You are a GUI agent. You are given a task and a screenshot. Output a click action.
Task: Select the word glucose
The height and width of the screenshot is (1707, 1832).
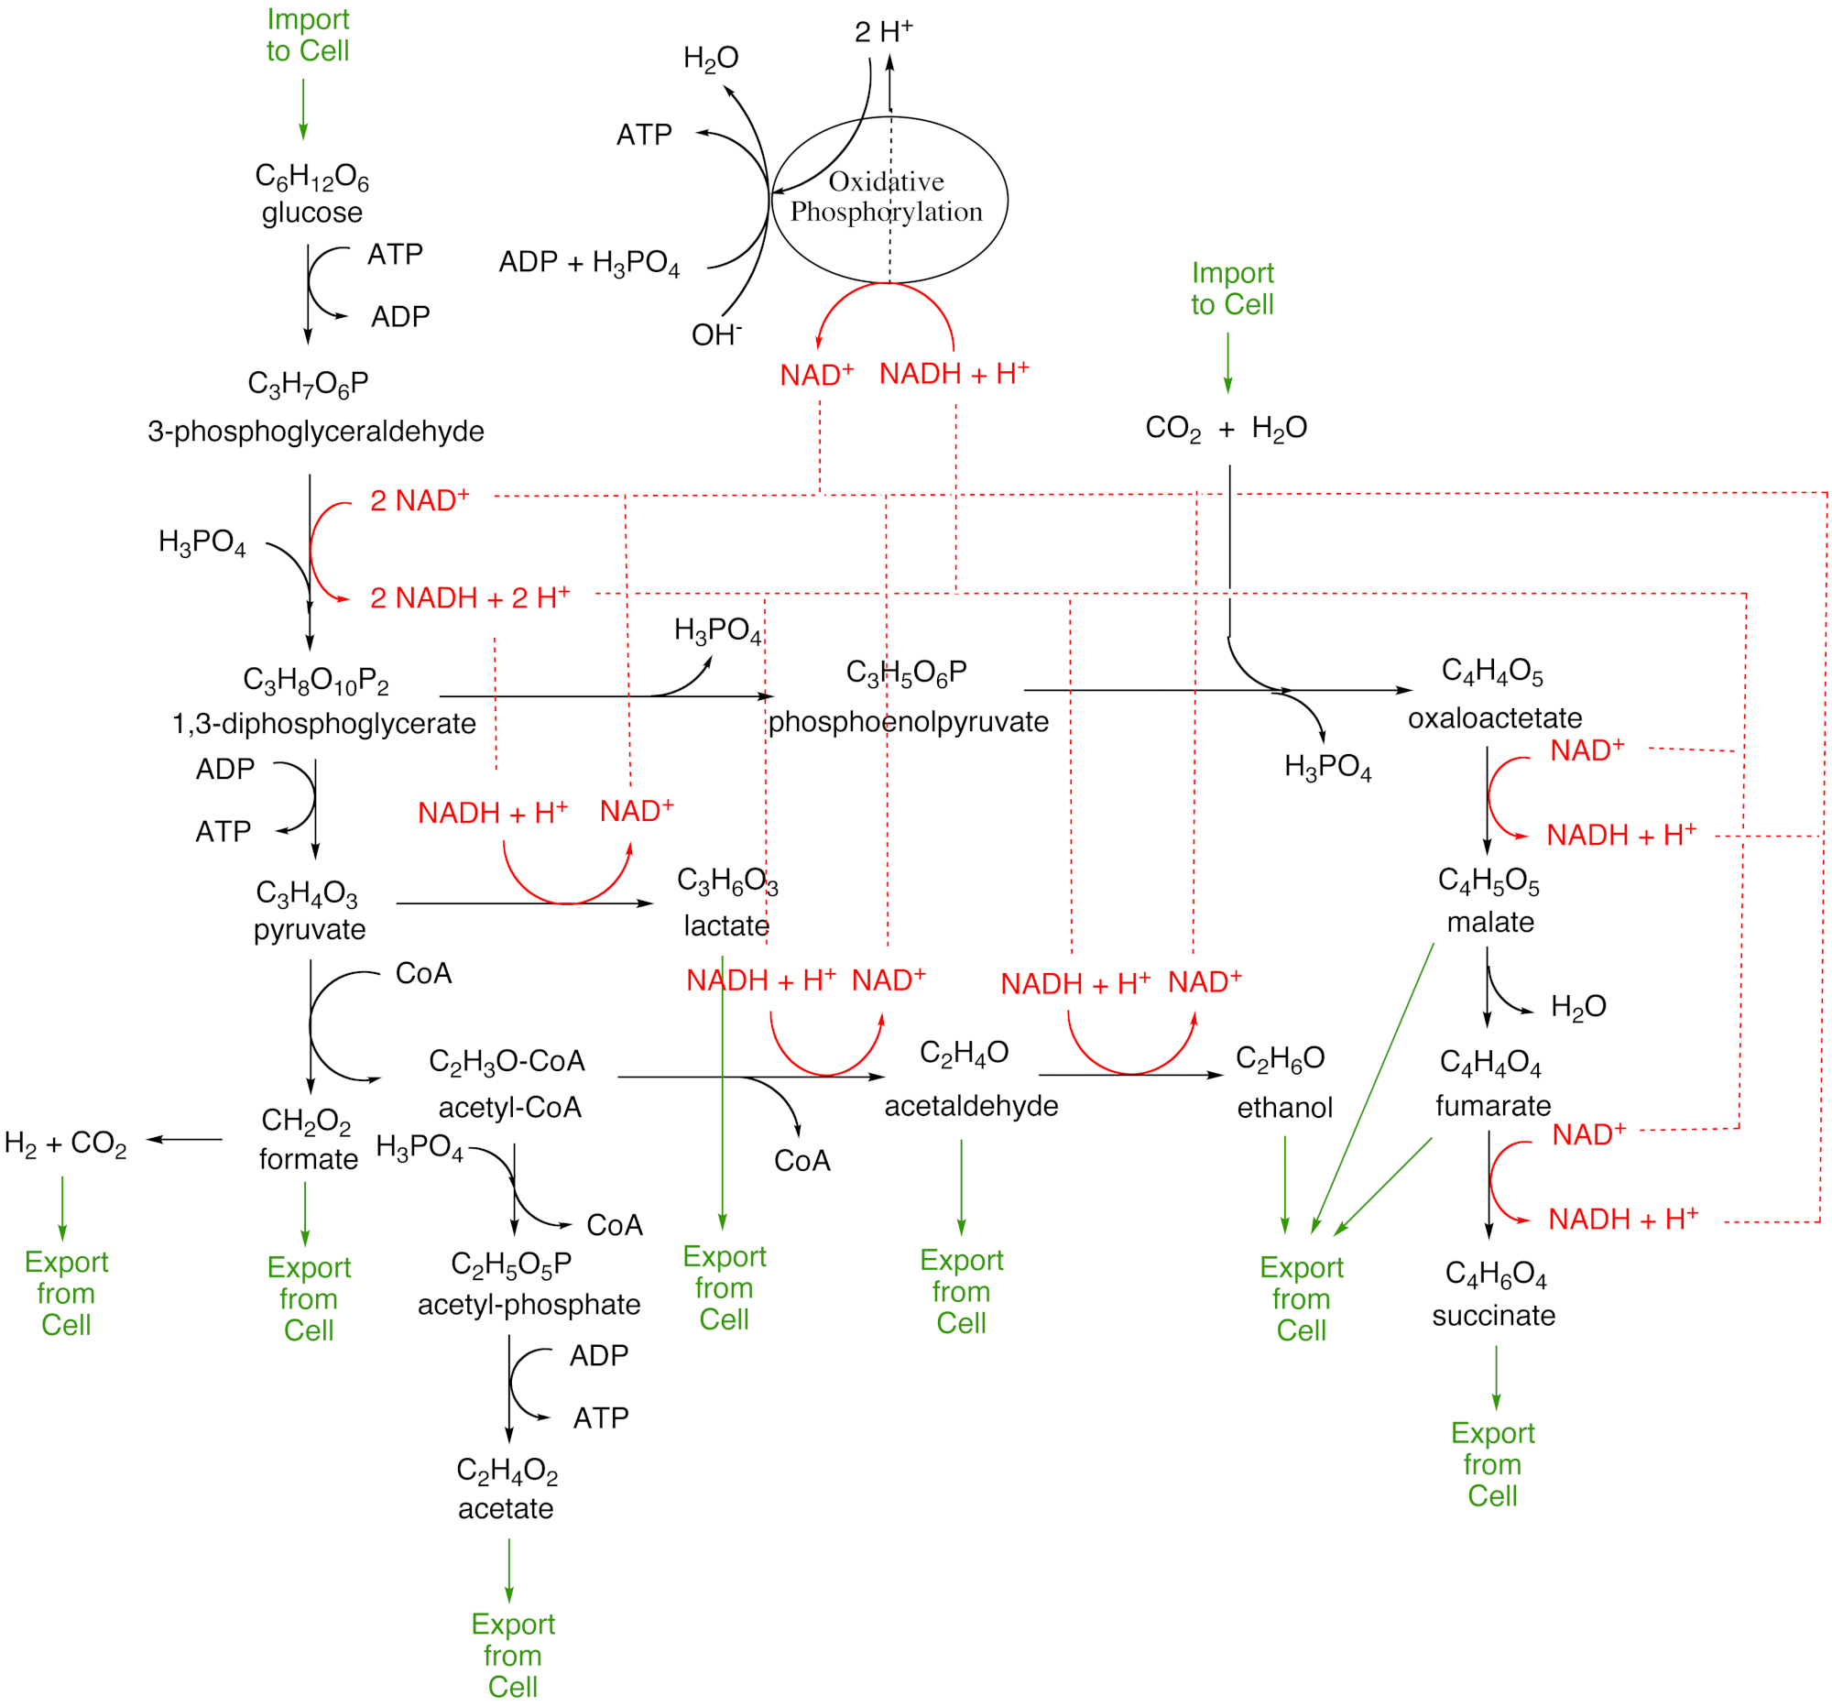pos(311,213)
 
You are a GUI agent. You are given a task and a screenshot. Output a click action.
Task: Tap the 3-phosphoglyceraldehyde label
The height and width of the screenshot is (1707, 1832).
pos(315,431)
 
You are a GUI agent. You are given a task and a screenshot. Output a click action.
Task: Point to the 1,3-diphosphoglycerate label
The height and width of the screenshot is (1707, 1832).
pos(323,724)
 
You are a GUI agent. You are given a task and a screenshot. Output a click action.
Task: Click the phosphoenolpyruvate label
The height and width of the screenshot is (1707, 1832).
pos(908,722)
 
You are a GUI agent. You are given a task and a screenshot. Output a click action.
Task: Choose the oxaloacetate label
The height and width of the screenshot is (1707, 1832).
pos(1494,718)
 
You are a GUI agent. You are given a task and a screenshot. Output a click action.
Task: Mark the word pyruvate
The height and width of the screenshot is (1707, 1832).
pos(310,929)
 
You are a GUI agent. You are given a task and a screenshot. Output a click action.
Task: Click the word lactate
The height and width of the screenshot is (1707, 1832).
pos(726,925)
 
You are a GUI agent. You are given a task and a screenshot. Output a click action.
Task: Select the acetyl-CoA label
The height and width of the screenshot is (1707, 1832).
pos(509,1107)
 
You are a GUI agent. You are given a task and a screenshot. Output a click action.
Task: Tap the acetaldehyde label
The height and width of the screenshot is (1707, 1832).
pos(970,1105)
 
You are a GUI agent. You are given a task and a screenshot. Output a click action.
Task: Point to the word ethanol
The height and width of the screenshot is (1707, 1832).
pos(1283,1107)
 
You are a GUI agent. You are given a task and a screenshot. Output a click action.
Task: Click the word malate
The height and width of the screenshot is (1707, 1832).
pos(1490,922)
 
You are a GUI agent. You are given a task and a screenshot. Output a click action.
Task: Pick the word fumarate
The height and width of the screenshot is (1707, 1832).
pos(1493,1105)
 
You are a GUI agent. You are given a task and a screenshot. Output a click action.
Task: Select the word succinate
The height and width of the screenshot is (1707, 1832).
pos(1493,1315)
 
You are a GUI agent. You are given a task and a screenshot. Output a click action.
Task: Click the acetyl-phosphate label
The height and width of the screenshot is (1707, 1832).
pos(528,1304)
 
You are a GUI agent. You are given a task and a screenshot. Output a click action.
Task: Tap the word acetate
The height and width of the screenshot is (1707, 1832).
pos(505,1508)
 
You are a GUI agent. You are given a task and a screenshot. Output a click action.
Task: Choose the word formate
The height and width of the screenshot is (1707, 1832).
pos(308,1158)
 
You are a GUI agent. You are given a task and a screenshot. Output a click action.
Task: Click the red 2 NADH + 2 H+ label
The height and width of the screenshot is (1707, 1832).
pos(470,598)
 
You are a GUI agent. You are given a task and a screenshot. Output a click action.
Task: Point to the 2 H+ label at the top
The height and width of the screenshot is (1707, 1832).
pos(883,32)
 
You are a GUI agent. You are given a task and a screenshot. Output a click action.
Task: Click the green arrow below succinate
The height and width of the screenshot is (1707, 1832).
pos(1495,1378)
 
